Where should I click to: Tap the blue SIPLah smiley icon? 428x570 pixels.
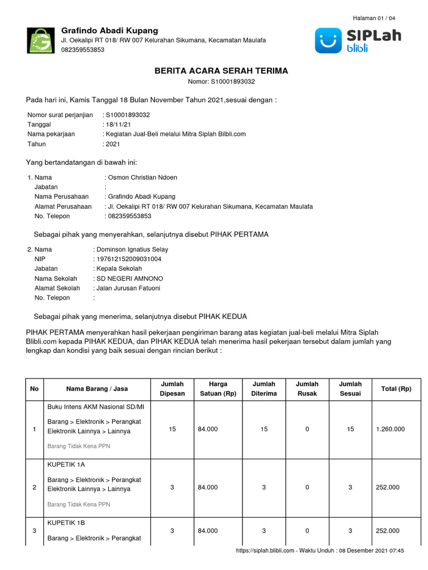click(328, 41)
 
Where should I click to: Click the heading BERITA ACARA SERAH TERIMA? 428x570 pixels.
click(221, 71)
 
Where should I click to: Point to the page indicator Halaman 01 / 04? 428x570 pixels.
click(374, 18)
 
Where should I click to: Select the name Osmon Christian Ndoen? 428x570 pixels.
click(143, 178)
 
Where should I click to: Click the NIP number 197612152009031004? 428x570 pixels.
click(129, 259)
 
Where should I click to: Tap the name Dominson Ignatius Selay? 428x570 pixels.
click(133, 249)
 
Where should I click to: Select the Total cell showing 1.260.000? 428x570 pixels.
click(390, 429)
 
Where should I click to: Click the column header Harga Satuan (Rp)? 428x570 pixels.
click(217, 389)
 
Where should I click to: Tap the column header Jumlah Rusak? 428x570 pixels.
click(307, 389)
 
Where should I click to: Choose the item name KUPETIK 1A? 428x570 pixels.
click(66, 464)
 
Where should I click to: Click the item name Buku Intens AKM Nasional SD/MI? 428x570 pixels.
click(93, 406)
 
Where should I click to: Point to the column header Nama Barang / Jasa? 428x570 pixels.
click(93, 389)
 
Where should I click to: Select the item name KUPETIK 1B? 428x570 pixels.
click(66, 523)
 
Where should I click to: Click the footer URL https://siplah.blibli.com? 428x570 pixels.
click(265, 551)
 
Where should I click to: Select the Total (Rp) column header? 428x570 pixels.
click(396, 389)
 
